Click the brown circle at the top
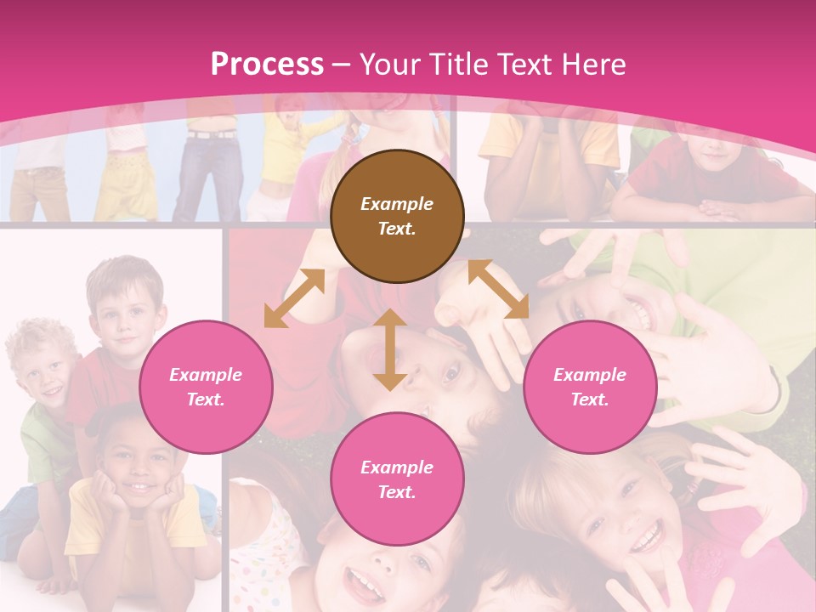click(x=397, y=216)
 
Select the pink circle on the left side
click(x=206, y=387)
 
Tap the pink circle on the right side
click(x=590, y=387)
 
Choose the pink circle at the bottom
click(x=397, y=479)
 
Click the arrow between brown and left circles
click(x=294, y=298)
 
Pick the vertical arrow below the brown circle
click(x=389, y=349)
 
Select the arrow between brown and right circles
click(x=499, y=289)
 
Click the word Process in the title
click(x=267, y=64)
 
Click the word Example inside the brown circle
click(x=397, y=204)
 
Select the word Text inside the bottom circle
click(x=397, y=492)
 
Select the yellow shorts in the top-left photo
click(x=126, y=183)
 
